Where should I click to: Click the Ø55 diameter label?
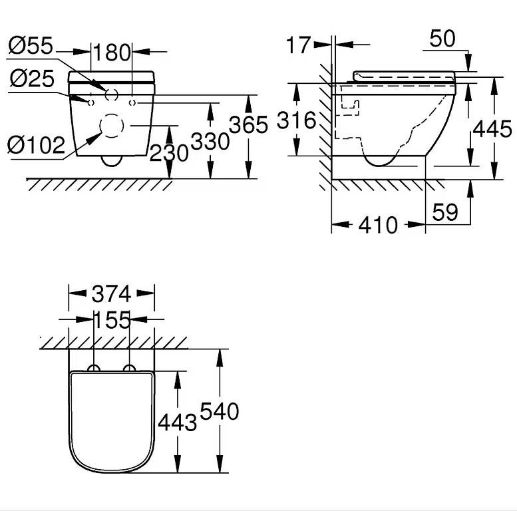(x=31, y=45)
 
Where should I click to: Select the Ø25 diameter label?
(x=32, y=79)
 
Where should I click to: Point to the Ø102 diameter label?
(x=37, y=145)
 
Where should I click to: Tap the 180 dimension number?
(x=112, y=53)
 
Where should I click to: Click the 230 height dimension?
(x=169, y=153)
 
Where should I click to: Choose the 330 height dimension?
(x=210, y=142)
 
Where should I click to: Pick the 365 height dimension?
(x=248, y=125)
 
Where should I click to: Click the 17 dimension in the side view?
(x=298, y=45)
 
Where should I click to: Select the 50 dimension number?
(x=442, y=39)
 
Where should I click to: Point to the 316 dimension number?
(x=296, y=120)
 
